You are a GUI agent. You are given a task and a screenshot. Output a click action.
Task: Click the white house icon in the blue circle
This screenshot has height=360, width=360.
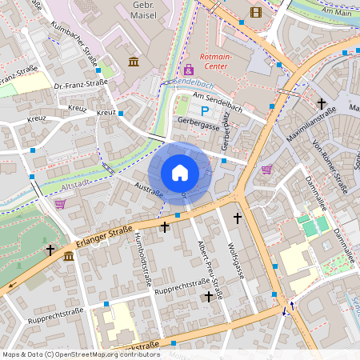click(x=180, y=173)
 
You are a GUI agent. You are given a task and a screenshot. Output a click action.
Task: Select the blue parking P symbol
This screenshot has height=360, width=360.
click(x=204, y=111)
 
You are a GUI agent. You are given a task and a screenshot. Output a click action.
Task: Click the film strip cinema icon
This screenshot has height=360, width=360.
click(x=255, y=11)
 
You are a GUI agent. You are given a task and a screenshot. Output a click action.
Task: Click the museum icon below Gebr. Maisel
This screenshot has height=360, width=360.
click(x=133, y=62)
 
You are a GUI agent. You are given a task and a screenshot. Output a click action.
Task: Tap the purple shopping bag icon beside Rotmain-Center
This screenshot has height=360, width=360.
click(x=189, y=71)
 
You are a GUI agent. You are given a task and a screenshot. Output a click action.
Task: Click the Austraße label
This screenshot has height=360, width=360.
click(x=150, y=190)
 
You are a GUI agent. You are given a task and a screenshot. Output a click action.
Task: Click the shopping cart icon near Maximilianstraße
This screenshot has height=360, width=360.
click(x=266, y=169)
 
